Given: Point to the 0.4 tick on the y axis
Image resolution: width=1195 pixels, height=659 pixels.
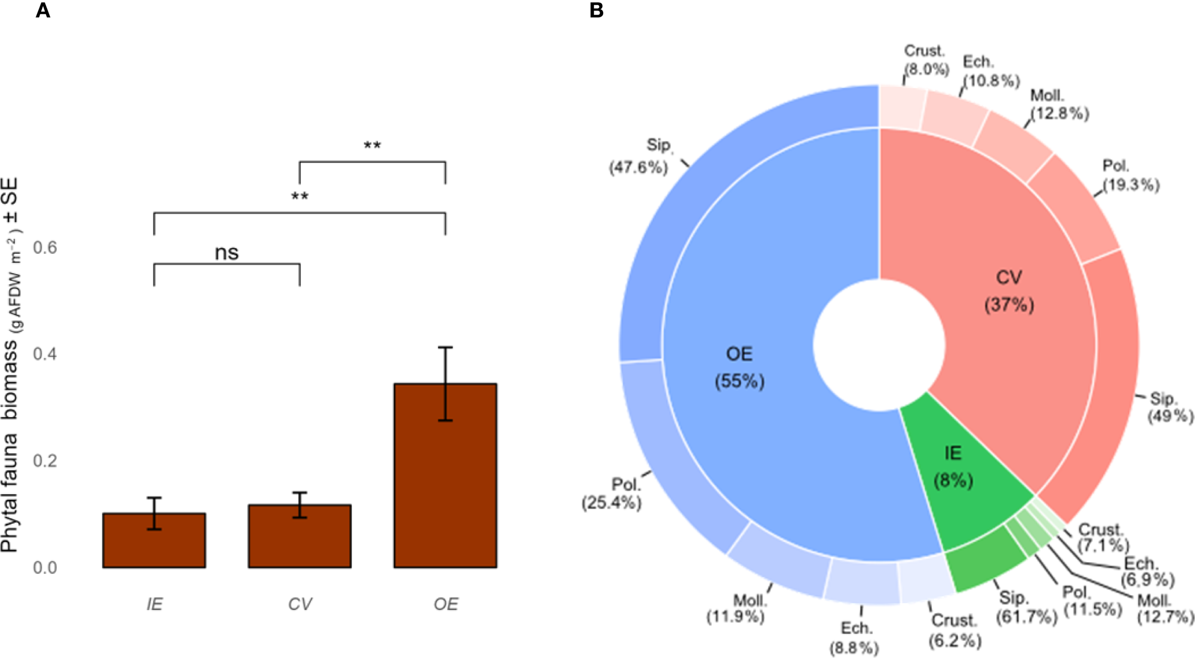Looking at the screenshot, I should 44,354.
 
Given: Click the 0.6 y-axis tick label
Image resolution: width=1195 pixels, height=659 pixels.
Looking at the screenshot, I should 44,248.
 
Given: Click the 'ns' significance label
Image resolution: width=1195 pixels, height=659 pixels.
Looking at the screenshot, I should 227,252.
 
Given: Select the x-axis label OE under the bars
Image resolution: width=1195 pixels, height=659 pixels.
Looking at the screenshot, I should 445,605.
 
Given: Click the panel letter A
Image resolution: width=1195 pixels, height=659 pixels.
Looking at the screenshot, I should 43,10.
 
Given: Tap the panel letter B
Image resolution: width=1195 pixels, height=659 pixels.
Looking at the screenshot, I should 596,10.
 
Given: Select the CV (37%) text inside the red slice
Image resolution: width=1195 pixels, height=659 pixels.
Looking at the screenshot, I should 1009,291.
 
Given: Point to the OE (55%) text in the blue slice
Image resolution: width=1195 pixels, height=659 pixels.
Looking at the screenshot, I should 739,367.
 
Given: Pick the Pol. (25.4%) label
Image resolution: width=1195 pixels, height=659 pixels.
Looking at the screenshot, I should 612,494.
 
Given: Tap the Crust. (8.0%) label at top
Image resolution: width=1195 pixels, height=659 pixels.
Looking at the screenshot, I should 925,60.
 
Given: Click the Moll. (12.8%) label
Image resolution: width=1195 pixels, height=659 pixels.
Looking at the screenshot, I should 1059,105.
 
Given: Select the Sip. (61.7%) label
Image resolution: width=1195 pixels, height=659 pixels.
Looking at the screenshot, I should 1026,607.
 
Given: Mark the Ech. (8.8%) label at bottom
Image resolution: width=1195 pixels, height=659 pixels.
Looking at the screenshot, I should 854,638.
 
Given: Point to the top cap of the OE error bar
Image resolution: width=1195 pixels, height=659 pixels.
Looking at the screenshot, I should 445,347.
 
